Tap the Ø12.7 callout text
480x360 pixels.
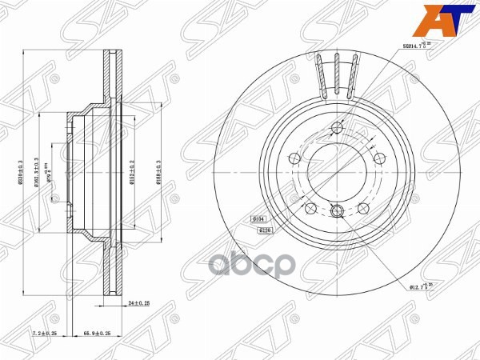[x=422, y=286]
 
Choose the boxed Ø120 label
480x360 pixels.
[x=267, y=229]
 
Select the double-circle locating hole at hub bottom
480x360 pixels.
[x=336, y=211]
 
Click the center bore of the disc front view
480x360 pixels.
[x=336, y=170]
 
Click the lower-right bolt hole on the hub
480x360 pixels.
[x=362, y=207]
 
